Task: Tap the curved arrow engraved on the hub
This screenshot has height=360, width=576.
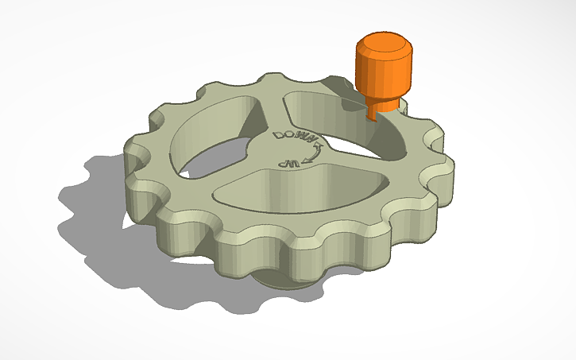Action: (316, 154)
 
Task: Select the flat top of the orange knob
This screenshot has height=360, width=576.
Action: (384, 42)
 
